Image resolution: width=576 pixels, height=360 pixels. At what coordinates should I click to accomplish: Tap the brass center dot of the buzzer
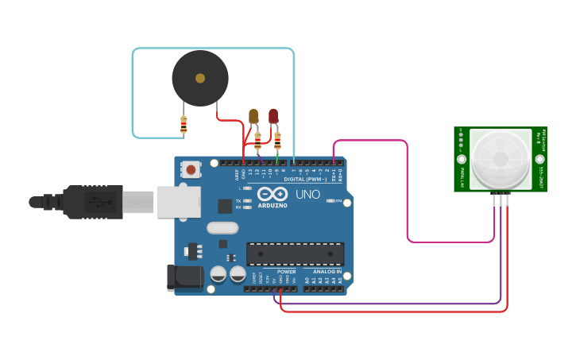tap(200, 78)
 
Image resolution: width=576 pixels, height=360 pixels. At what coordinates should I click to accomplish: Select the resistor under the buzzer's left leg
tap(184, 125)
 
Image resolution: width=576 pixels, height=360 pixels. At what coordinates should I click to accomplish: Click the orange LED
tap(253, 116)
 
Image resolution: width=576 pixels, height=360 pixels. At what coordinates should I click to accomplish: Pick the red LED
tap(273, 116)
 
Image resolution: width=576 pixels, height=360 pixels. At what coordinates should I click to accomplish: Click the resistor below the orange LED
tap(257, 141)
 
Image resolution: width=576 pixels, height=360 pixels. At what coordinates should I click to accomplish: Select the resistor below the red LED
tap(277, 141)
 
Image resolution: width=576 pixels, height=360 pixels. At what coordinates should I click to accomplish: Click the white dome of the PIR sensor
tap(500, 159)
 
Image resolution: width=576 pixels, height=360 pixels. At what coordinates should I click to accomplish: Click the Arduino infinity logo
tap(271, 195)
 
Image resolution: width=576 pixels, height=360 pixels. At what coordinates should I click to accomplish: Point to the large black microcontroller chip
tap(295, 254)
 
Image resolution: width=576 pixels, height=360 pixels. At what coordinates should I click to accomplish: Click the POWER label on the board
tap(286, 271)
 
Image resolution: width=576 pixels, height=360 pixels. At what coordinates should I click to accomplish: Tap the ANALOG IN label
tap(327, 271)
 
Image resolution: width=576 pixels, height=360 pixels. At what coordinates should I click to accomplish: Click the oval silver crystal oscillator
tap(222, 228)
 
